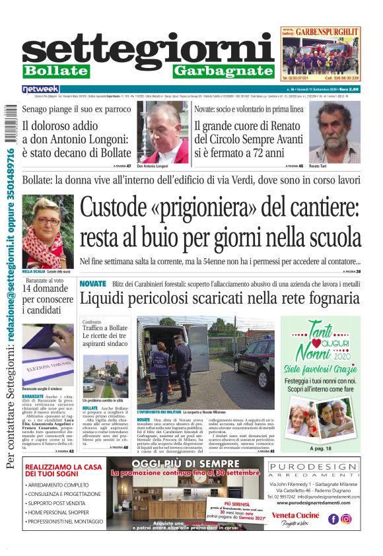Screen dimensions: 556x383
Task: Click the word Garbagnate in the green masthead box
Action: click(x=223, y=71)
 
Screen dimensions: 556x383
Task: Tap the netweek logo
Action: click(x=40, y=89)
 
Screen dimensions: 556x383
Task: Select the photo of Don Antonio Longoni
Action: click(x=162, y=131)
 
